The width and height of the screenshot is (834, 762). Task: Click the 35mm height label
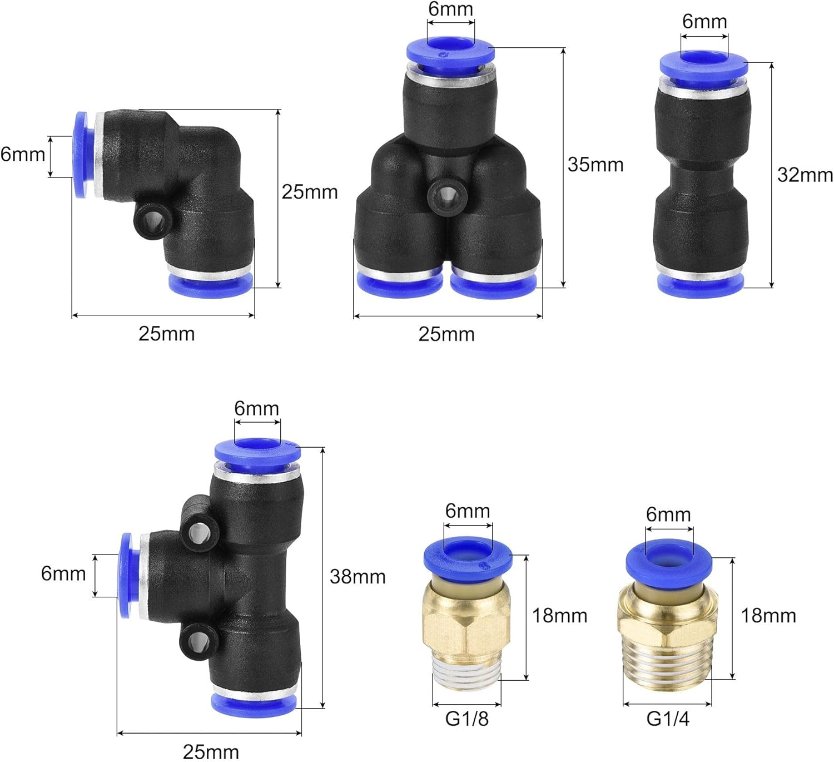coord(595,165)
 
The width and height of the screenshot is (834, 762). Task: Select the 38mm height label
coord(358,576)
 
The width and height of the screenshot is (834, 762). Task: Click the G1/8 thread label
coord(466,718)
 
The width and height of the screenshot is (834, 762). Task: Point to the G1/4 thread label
coord(668,718)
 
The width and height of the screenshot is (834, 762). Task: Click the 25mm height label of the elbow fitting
coord(310,192)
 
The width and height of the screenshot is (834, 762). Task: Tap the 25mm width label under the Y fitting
coord(446,334)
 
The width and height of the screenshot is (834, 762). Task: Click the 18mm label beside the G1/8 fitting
coord(559,616)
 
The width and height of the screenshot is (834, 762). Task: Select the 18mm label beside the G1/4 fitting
coord(768,616)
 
